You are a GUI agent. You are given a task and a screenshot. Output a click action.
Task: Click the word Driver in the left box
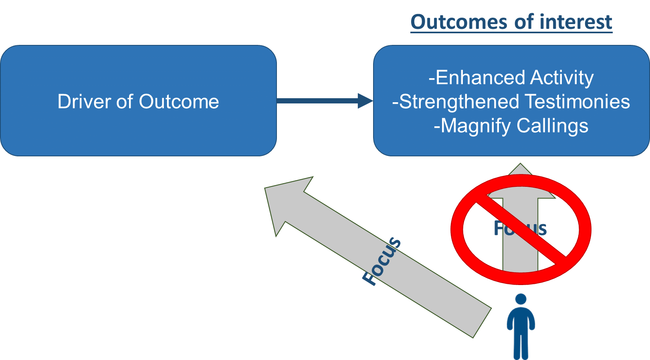click(84, 101)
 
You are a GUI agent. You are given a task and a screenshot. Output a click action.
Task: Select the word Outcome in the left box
click(179, 101)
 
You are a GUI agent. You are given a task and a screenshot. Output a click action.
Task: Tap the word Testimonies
click(577, 102)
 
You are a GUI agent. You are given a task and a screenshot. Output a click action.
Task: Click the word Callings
click(552, 126)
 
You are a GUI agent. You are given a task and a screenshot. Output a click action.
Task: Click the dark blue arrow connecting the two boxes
click(317, 101)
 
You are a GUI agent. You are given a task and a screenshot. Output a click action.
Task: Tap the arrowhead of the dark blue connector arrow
click(365, 101)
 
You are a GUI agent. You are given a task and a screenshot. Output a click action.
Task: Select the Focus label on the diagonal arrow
click(382, 261)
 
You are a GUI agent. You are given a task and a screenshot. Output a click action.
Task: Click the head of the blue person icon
click(521, 299)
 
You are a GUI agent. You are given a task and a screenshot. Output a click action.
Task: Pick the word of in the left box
click(125, 101)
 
